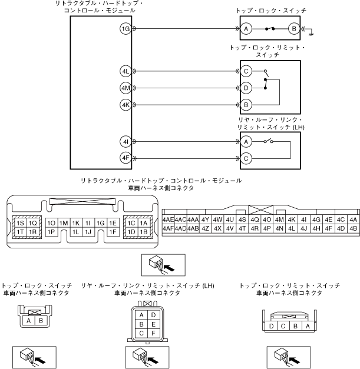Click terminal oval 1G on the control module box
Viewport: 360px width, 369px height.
coord(125,28)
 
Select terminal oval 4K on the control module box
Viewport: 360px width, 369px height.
coord(125,105)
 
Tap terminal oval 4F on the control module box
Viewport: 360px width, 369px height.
coord(125,158)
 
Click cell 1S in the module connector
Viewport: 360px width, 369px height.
coord(21,224)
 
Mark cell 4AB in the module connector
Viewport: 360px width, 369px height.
coord(193,228)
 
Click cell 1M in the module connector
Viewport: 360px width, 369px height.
coord(64,224)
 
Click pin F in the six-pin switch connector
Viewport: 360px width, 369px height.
coord(153,332)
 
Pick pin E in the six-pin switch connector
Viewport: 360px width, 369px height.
coord(153,324)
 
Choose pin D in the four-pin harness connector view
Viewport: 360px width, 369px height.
coord(270,325)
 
